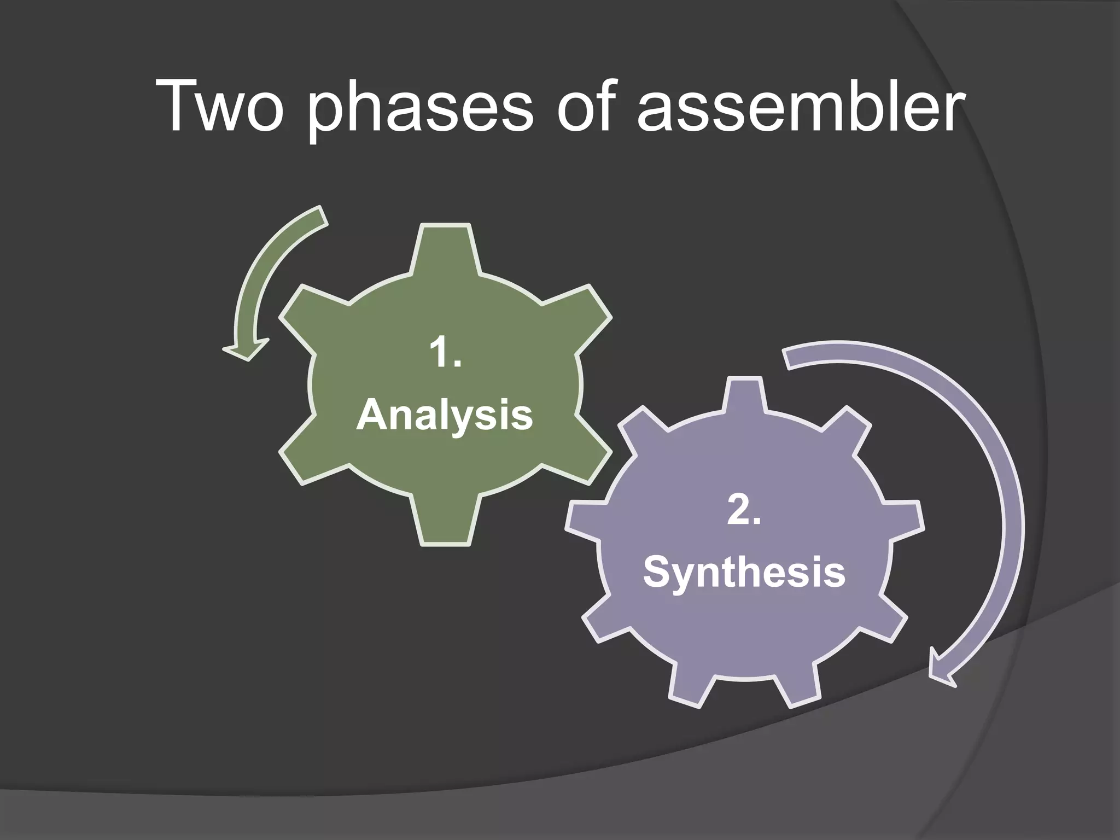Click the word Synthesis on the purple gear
[744, 573]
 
